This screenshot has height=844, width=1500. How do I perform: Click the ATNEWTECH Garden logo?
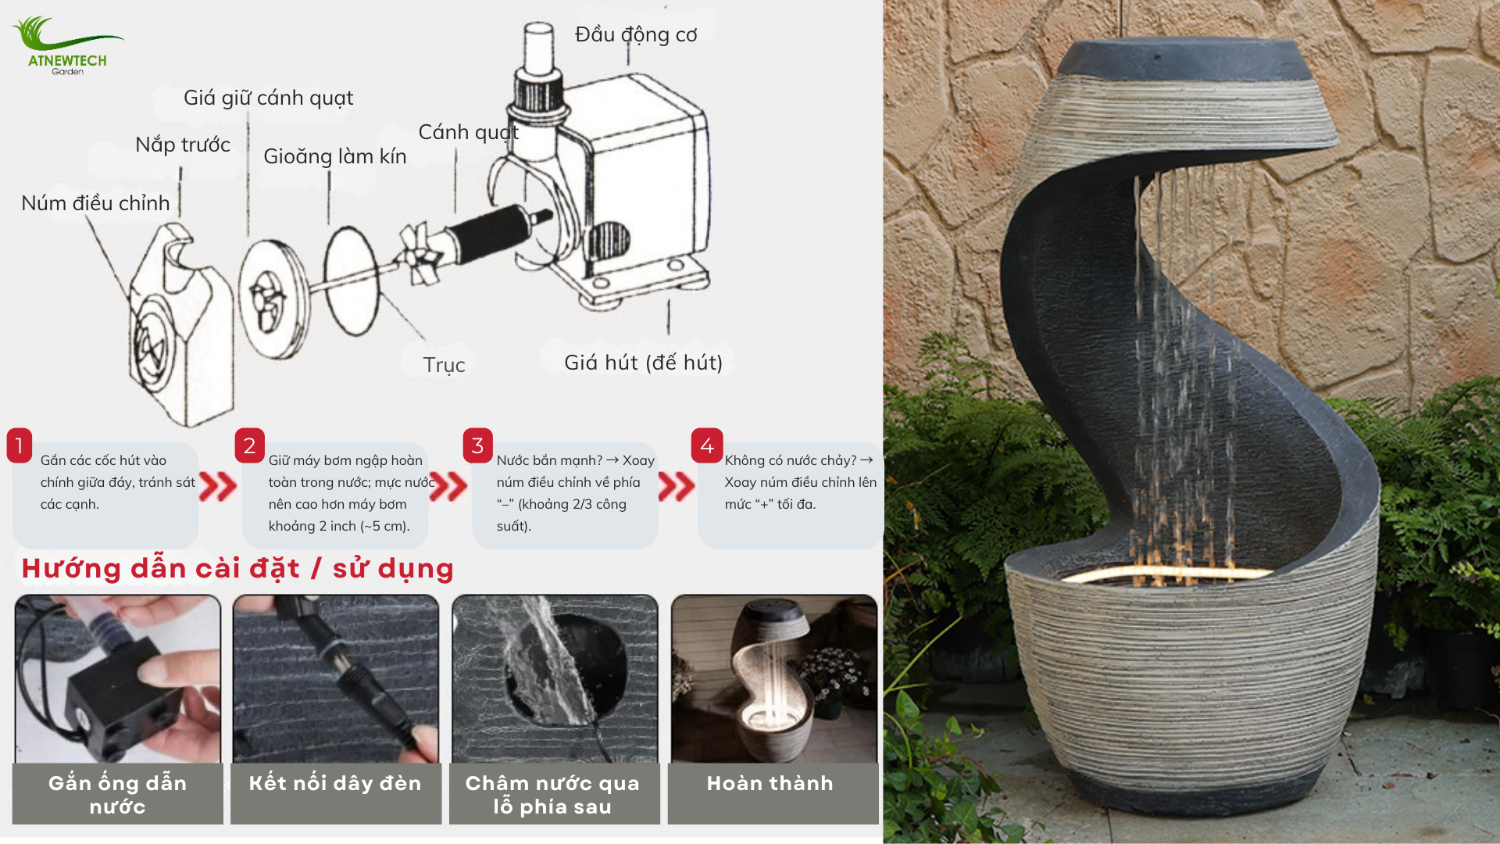pyautogui.click(x=68, y=46)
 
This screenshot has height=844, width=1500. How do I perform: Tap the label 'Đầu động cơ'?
pyautogui.click(x=636, y=35)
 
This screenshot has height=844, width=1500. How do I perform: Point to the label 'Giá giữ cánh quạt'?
pyautogui.click(x=268, y=98)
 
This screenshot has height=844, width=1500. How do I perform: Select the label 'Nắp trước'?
pyautogui.click(x=183, y=145)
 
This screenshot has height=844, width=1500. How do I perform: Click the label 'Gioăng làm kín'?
pyautogui.click(x=335, y=156)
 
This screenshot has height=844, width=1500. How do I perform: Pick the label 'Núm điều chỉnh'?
pyautogui.click(x=95, y=203)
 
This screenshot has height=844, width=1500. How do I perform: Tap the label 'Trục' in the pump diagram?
pyautogui.click(x=444, y=365)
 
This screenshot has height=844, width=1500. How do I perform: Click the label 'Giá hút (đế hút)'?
pyautogui.click(x=644, y=363)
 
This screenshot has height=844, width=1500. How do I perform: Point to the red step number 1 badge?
pyautogui.click(x=20, y=445)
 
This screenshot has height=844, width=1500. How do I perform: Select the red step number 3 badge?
pyautogui.click(x=477, y=445)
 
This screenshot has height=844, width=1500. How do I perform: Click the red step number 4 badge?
pyautogui.click(x=707, y=445)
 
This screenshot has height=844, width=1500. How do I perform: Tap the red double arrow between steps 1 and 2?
pyautogui.click(x=218, y=486)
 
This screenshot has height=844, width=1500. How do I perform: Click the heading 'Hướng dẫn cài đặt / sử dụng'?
pyautogui.click(x=237, y=568)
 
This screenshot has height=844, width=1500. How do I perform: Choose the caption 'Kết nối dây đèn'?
pyautogui.click(x=335, y=783)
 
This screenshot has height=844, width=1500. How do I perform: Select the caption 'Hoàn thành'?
pyautogui.click(x=770, y=783)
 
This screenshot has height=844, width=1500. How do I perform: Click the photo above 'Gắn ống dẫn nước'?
pyautogui.click(x=118, y=678)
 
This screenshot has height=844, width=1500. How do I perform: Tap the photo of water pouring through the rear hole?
pyautogui.click(x=555, y=678)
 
